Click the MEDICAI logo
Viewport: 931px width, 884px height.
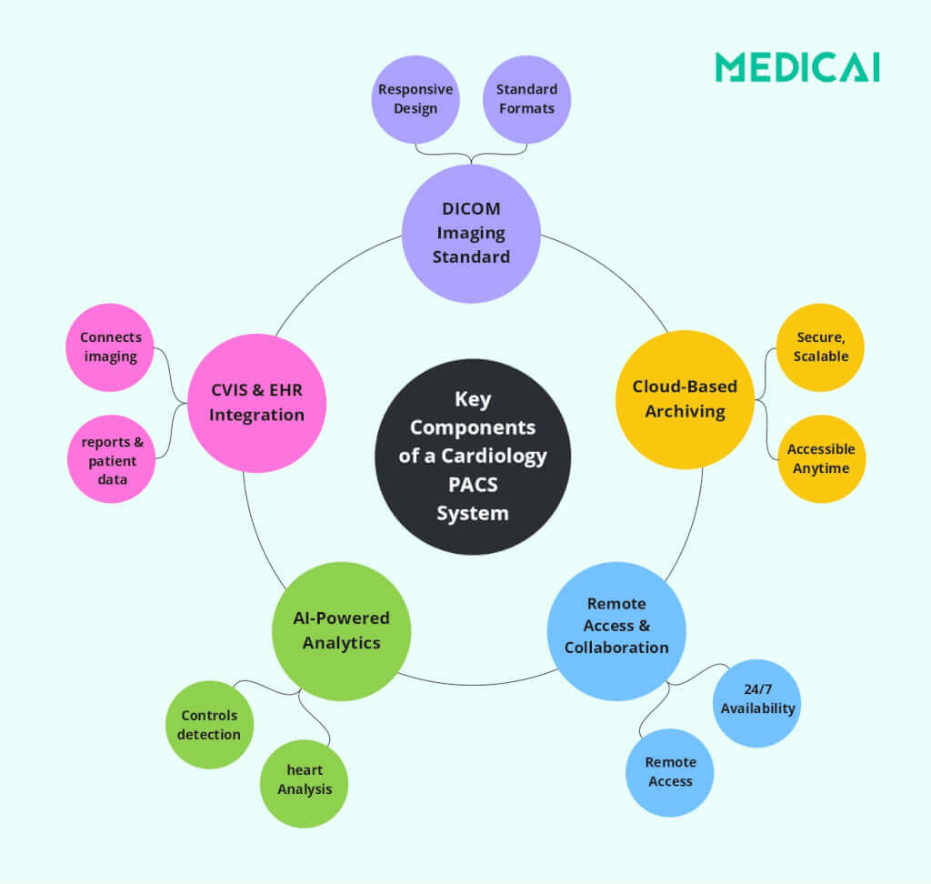tap(796, 67)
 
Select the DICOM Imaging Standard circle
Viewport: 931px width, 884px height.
tap(471, 233)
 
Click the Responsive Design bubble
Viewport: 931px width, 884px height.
tap(415, 99)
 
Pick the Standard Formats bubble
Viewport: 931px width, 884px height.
tap(526, 99)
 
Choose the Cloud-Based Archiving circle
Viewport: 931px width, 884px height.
tap(685, 399)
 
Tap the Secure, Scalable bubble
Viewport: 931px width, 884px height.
tap(820, 347)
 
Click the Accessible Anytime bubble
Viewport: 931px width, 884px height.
tap(821, 458)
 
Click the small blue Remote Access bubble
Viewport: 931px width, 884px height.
tap(670, 772)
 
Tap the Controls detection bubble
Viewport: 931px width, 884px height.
tap(209, 725)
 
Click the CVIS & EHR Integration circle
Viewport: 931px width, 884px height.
tap(256, 403)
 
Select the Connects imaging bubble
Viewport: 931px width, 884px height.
tap(110, 347)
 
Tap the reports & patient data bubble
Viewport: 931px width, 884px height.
tap(112, 458)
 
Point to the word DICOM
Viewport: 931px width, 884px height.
tap(471, 209)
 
